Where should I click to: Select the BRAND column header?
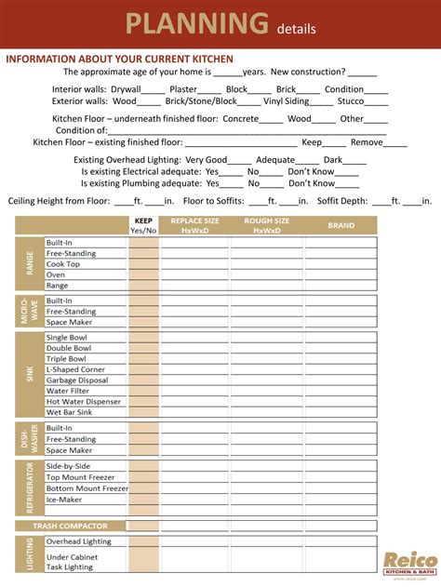pos(341,225)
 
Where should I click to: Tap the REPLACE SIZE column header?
pos(194,225)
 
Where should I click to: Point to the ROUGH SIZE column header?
pos(267,225)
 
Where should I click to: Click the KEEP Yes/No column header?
pos(143,225)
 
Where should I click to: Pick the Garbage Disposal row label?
pos(78,380)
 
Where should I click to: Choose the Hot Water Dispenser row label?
pos(84,401)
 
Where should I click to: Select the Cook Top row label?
pos(63,264)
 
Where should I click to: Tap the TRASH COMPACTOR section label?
pos(71,526)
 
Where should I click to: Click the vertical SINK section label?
pos(30,374)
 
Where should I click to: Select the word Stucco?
pos(351,100)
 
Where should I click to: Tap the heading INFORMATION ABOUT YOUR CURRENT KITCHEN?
pos(120,59)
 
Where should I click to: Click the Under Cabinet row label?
pos(72,556)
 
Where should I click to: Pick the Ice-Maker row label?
pos(65,499)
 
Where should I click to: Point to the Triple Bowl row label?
pos(66,358)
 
